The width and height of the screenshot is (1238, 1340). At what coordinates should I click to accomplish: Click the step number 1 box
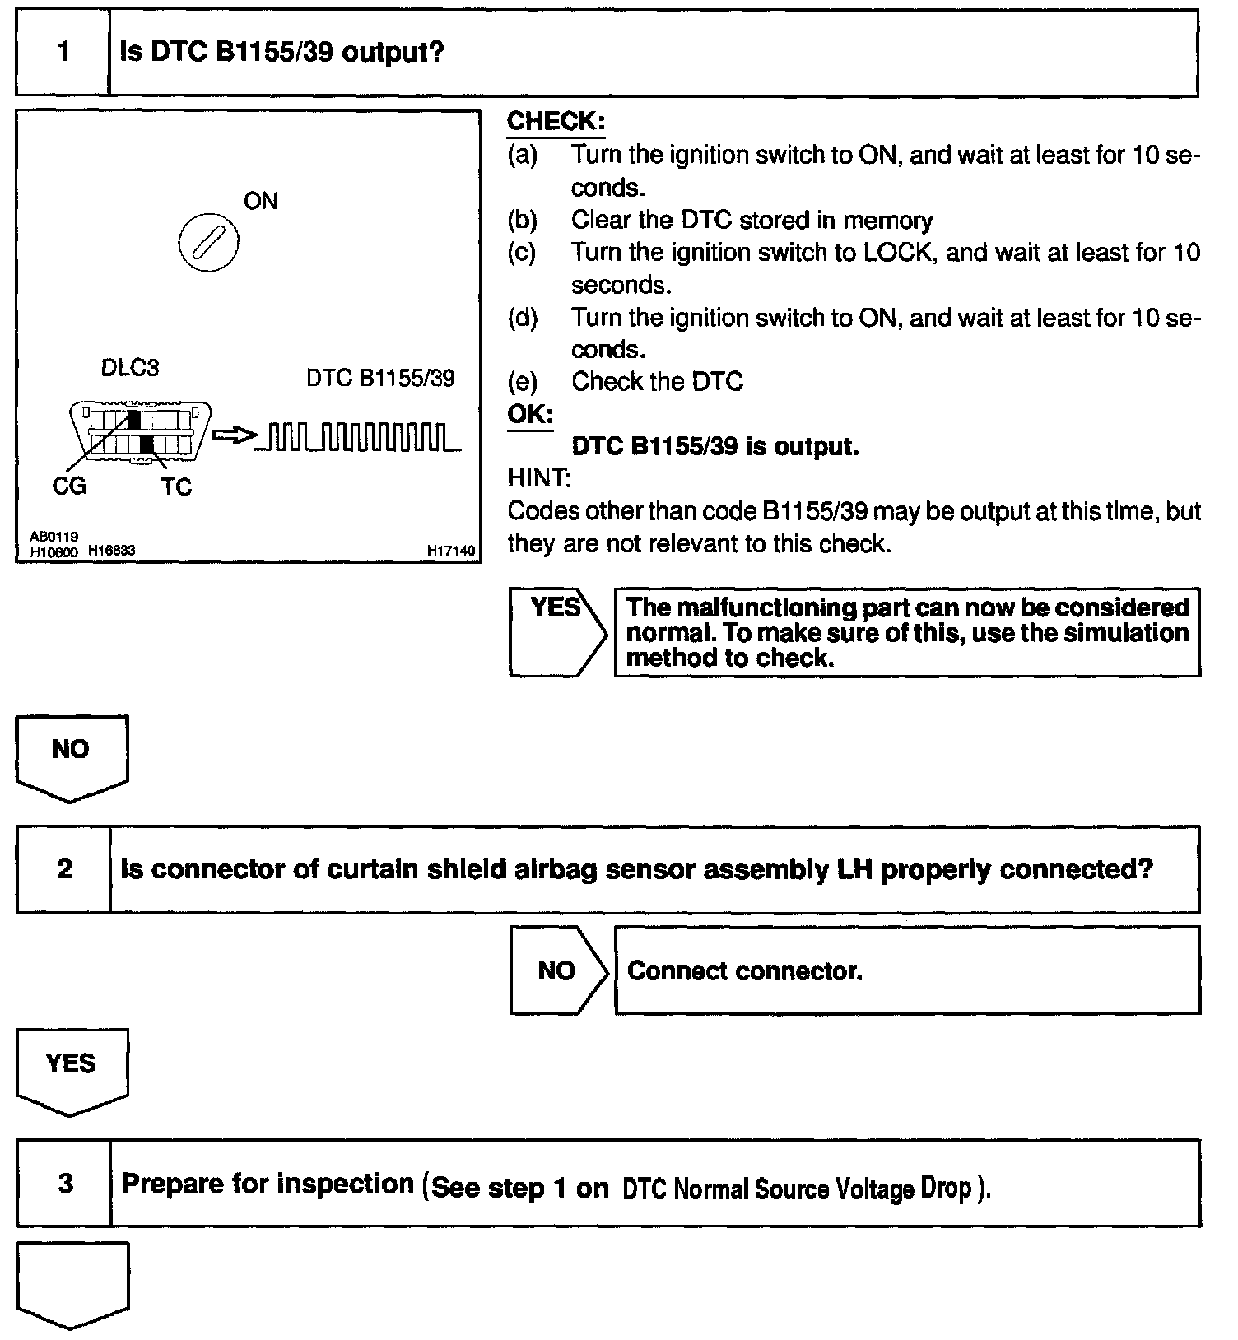click(x=63, y=54)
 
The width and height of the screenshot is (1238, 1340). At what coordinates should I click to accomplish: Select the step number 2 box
click(x=64, y=869)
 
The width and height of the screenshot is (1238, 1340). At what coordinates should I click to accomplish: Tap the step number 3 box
click(x=65, y=1184)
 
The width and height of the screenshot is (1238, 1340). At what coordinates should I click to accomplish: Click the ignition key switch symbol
click(x=209, y=243)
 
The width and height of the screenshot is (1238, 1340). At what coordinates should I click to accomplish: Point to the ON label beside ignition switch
click(x=261, y=202)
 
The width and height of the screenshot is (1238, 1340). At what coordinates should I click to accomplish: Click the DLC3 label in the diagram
click(x=130, y=368)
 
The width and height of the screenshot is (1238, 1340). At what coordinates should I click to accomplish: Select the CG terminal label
click(x=69, y=486)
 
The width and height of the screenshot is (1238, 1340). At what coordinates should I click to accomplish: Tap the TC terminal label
click(x=176, y=487)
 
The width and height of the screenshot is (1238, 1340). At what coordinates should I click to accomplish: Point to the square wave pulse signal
click(x=359, y=438)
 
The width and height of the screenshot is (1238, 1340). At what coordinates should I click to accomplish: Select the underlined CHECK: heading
click(x=556, y=122)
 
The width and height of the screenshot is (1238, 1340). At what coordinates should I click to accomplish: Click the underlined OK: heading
click(x=530, y=414)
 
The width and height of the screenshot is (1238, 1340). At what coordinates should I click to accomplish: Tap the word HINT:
click(x=539, y=478)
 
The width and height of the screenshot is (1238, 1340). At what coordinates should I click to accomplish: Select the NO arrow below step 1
click(x=71, y=756)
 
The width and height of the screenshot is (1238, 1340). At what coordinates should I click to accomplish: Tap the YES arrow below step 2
click(x=71, y=1069)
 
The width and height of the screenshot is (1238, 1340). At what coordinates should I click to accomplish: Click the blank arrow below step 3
click(x=72, y=1282)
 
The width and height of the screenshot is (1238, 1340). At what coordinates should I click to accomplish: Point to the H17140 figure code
click(x=451, y=551)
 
